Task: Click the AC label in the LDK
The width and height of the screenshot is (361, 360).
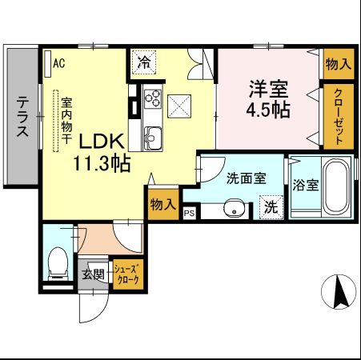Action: pos(59,62)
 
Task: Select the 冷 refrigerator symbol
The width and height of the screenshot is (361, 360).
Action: pos(144,62)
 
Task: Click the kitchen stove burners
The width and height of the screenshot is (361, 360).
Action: pos(152,101)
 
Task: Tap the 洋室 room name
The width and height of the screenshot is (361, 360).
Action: pos(267,87)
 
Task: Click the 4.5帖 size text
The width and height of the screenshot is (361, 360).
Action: pos(267,110)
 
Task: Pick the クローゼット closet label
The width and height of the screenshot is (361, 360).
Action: pos(339,115)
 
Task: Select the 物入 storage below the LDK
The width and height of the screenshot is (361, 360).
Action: pos(162,205)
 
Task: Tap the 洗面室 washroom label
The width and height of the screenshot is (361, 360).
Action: pos(245,179)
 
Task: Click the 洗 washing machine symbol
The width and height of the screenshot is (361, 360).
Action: pos(271,206)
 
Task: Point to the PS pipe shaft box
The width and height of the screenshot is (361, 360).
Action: pos(190,213)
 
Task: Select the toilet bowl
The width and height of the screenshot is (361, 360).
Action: pos(58,260)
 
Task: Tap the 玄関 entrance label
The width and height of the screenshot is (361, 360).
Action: pos(94,275)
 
